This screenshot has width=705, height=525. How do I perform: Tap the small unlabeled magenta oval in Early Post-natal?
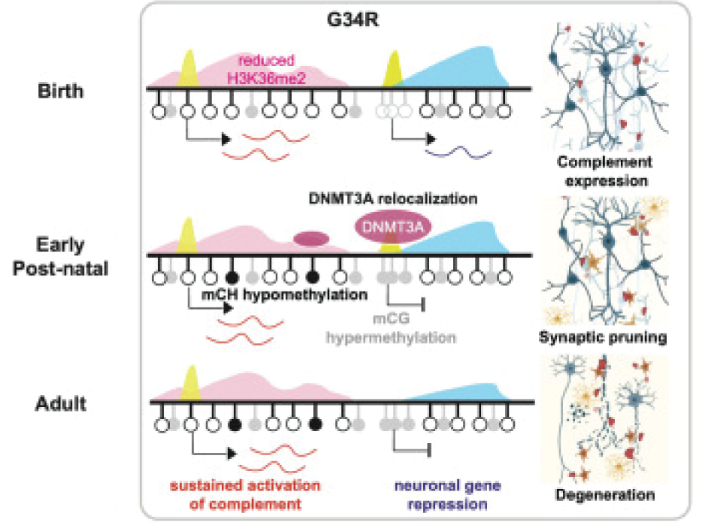[310, 239]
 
